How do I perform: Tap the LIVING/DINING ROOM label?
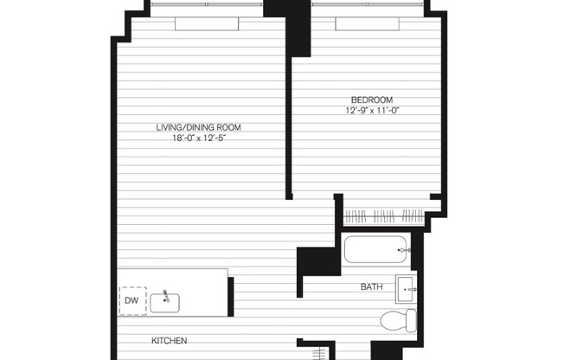pyautogui.click(x=198, y=127)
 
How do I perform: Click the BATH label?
pyautogui.click(x=373, y=286)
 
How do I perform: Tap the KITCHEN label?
pyautogui.click(x=170, y=340)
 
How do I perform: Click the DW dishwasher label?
pyautogui.click(x=131, y=300)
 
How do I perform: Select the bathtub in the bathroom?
pyautogui.click(x=377, y=251)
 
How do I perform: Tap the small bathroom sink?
pyautogui.click(x=407, y=286)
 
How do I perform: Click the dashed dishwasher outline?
pyautogui.click(x=133, y=300)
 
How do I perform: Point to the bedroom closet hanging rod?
pyautogui.click(x=383, y=216)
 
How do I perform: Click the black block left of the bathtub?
pyautogui.click(x=316, y=261)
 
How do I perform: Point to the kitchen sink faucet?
pyautogui.click(x=164, y=296)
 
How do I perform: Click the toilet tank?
pyautogui.click(x=413, y=322)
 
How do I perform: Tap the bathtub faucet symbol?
pyautogui.click(x=402, y=251)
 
